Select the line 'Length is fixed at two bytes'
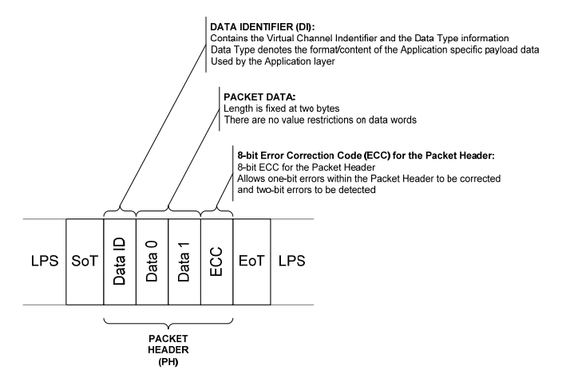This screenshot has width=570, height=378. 280,108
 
